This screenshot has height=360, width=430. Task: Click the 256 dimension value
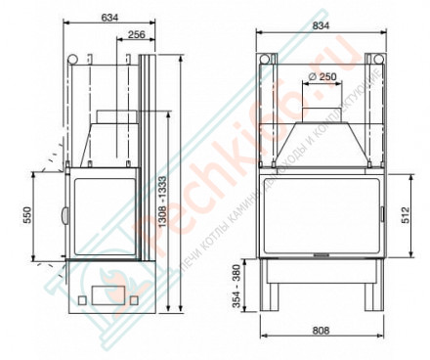[136, 34]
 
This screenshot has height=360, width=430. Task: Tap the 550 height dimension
[28, 214]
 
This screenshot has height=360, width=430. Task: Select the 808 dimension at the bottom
[319, 331]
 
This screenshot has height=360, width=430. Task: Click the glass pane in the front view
[319, 214]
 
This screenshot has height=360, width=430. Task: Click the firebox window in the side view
[104, 215]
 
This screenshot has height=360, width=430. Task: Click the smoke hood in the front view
[319, 143]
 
